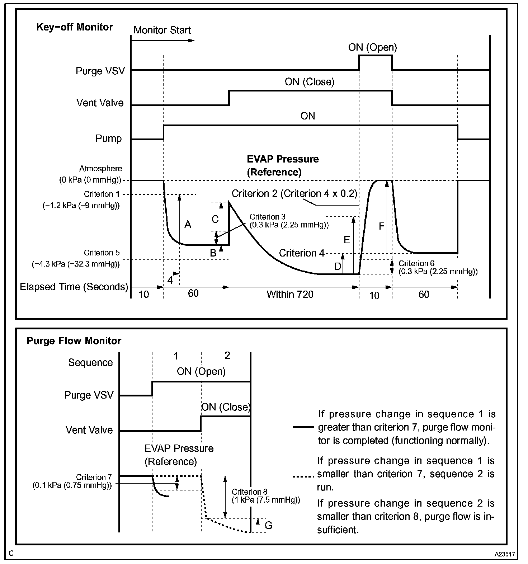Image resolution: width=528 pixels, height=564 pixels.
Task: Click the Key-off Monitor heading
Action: click(75, 27)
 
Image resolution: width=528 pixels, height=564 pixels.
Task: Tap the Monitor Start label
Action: click(162, 30)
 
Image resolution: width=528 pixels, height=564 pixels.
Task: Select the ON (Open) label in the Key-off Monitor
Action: click(373, 47)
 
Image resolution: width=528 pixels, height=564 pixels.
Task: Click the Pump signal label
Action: click(108, 138)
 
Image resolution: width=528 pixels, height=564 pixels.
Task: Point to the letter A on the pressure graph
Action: click(188, 225)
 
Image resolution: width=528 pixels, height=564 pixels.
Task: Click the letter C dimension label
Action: click(215, 219)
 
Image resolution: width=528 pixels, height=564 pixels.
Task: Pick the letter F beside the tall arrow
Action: click(382, 226)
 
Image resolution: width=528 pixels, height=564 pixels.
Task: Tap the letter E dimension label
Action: click(346, 240)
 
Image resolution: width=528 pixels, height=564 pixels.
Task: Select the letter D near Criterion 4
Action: click(338, 266)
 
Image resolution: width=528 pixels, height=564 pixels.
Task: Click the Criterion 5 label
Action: click(102, 253)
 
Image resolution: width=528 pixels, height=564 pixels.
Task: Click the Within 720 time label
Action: click(290, 295)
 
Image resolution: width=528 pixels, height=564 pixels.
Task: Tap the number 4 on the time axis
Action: click(170, 280)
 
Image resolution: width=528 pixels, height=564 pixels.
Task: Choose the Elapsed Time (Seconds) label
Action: click(74, 287)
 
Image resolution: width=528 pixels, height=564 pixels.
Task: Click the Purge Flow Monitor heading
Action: click(74, 341)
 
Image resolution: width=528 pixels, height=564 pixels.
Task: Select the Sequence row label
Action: click(90, 363)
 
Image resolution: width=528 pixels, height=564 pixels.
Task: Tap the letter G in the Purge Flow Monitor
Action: click(268, 526)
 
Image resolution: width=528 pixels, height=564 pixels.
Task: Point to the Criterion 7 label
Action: click(94, 478)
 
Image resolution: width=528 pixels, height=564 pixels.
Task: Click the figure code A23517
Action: click(505, 554)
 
